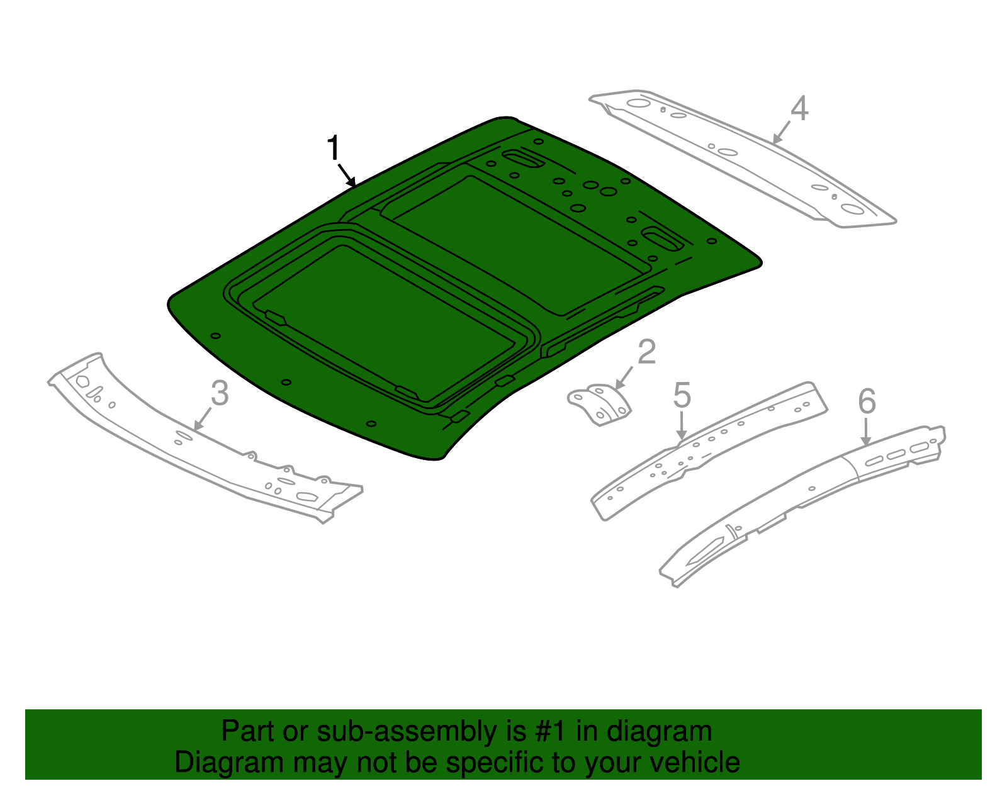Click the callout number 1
[334, 149]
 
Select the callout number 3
[219, 393]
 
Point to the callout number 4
[799, 108]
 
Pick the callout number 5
[682, 395]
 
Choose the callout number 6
[867, 401]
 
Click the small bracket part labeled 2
[599, 405]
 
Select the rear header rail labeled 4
[743, 157]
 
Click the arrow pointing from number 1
[347, 175]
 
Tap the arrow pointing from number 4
[781, 133]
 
